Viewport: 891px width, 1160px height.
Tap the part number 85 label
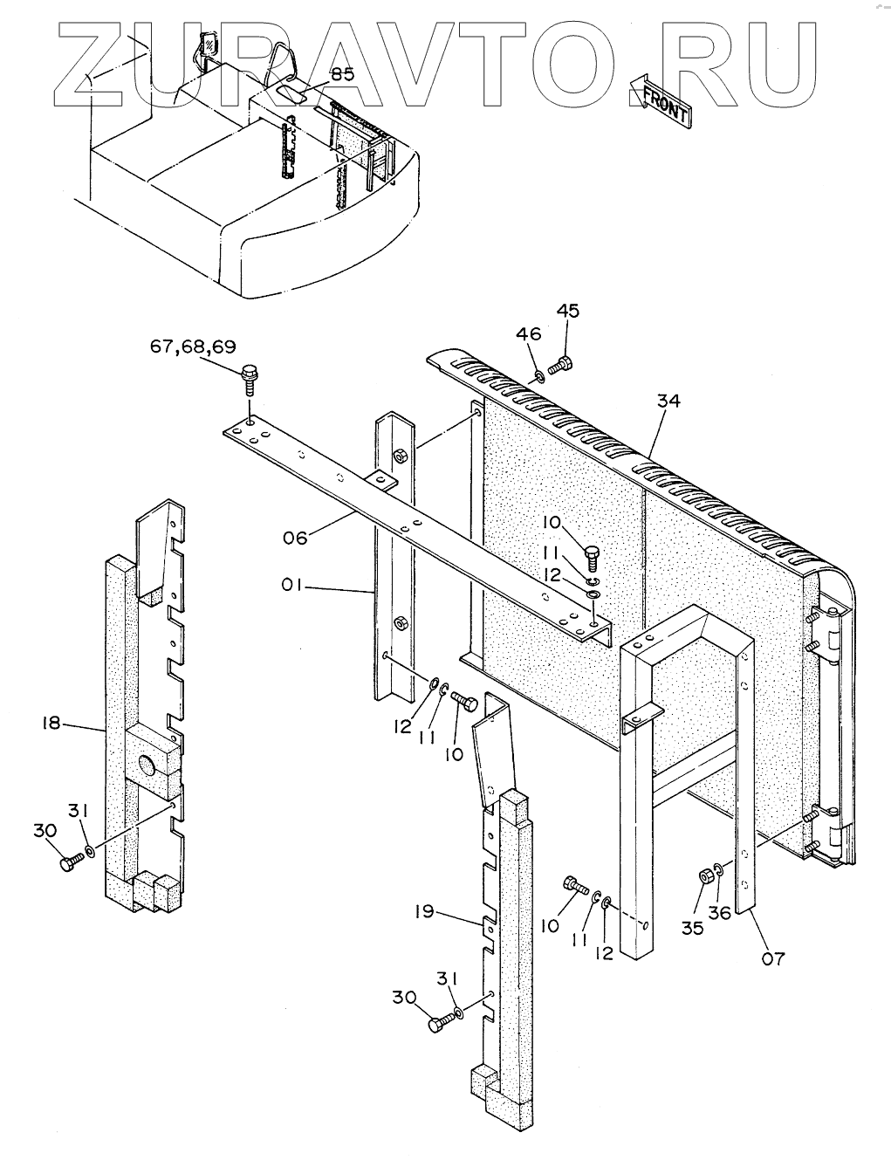(342, 74)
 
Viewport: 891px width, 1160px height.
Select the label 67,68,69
(192, 347)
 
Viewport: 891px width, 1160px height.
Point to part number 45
(567, 312)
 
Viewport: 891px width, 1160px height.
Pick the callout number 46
(528, 333)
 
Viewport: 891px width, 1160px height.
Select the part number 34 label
(668, 401)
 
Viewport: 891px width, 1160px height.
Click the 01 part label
(292, 587)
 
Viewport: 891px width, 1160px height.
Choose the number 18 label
(51, 723)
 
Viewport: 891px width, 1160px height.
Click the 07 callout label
(773, 958)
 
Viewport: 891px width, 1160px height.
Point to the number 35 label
(692, 927)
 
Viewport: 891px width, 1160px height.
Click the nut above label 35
(703, 875)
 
